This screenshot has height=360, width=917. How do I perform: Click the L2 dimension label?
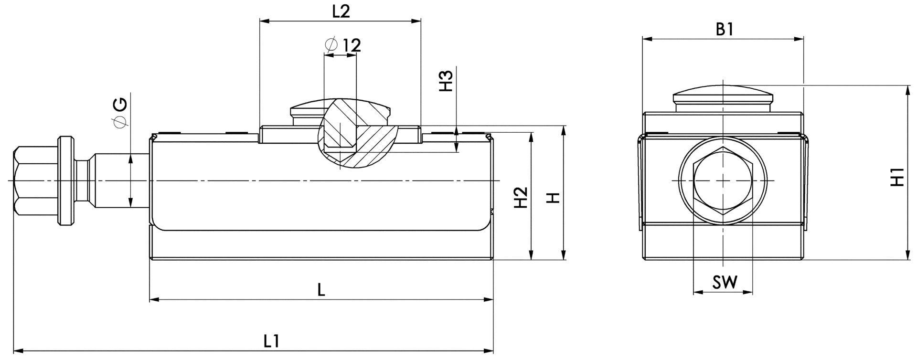coord(341,11)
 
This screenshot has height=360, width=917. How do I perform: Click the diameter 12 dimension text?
coord(343,45)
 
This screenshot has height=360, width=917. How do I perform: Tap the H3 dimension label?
coord(445,81)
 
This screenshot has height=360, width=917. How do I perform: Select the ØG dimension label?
coord(120,113)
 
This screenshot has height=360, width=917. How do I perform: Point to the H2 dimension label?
coord(520,197)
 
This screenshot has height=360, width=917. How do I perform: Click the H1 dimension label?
coord(898,177)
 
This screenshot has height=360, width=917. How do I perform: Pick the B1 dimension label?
coord(724,30)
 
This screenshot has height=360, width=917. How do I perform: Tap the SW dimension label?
coord(725,282)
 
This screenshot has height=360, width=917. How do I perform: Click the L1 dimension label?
coord(271,341)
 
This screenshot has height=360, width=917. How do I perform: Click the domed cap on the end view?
coord(723,97)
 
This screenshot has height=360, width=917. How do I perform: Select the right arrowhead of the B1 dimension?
coord(799,39)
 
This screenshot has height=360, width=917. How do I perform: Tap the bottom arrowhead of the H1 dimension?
coord(907,256)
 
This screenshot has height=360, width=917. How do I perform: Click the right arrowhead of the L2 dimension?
coord(416,21)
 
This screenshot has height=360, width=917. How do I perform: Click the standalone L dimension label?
coord(321,289)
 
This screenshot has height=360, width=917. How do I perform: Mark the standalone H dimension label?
coord(553,198)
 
